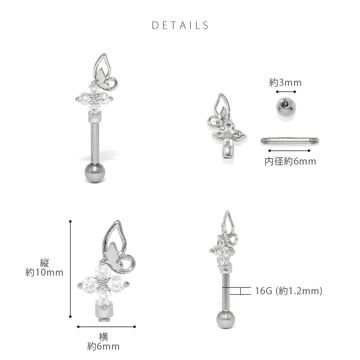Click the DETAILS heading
[x=180, y=25]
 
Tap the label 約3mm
[x=285, y=82]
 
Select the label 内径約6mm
[x=290, y=162]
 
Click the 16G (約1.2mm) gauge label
[x=288, y=291]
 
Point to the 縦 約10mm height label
[x=44, y=268]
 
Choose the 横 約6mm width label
[x=103, y=342]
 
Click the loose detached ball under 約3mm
[x=286, y=107]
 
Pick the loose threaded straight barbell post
[x=290, y=140]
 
